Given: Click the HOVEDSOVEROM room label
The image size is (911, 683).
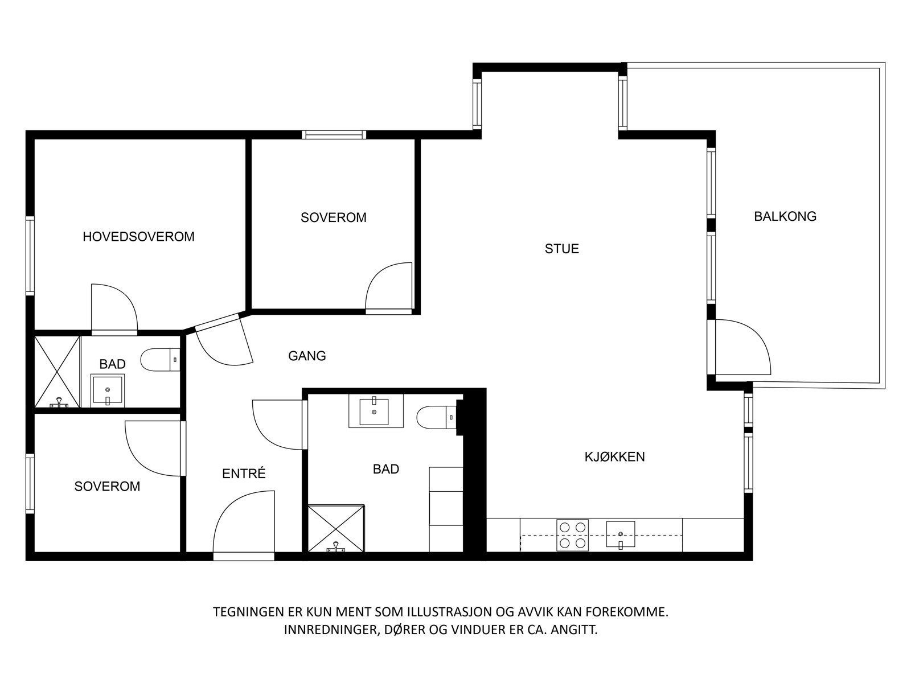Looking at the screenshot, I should click(x=138, y=236).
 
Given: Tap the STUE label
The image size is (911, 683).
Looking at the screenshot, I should click(x=561, y=249).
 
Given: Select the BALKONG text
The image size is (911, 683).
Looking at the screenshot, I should click(x=785, y=216).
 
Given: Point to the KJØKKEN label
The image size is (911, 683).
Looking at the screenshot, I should click(x=614, y=456).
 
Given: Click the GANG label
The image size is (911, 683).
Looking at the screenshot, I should click(x=307, y=356).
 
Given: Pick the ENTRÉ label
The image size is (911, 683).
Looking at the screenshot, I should click(x=244, y=474).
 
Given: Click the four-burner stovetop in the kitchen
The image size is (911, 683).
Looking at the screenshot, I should click(x=572, y=535).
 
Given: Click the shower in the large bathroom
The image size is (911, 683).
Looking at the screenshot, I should click(x=336, y=528).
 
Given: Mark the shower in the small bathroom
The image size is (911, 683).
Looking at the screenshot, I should click(x=58, y=372).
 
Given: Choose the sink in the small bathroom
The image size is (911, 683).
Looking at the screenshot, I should click(x=108, y=390).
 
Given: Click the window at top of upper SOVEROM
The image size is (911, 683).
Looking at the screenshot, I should click(x=334, y=135).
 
